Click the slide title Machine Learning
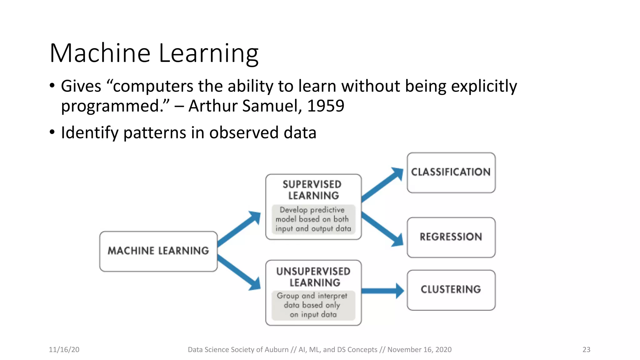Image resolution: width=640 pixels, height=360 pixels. coord(154,53)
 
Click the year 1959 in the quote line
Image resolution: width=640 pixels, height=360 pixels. coord(325,106)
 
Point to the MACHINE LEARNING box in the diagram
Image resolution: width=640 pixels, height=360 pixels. coord(158,251)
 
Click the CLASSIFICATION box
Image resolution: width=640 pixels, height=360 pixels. coord(451,172)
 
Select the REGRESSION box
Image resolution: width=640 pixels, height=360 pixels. coord(451,237)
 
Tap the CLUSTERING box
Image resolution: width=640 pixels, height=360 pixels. coord(451,289)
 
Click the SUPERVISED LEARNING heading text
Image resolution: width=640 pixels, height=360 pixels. coord(313,190)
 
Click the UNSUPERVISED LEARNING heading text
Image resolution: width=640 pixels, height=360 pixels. coord(313,277)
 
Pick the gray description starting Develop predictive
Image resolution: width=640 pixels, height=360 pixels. coord(313,219)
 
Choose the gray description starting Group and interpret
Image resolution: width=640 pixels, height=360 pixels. coord(313,305)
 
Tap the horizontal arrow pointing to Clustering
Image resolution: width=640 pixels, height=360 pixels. coord(382,291)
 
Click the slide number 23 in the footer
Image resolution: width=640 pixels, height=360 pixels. coord(586,349)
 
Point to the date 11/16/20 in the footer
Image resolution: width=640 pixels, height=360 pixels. coord(64,349)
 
